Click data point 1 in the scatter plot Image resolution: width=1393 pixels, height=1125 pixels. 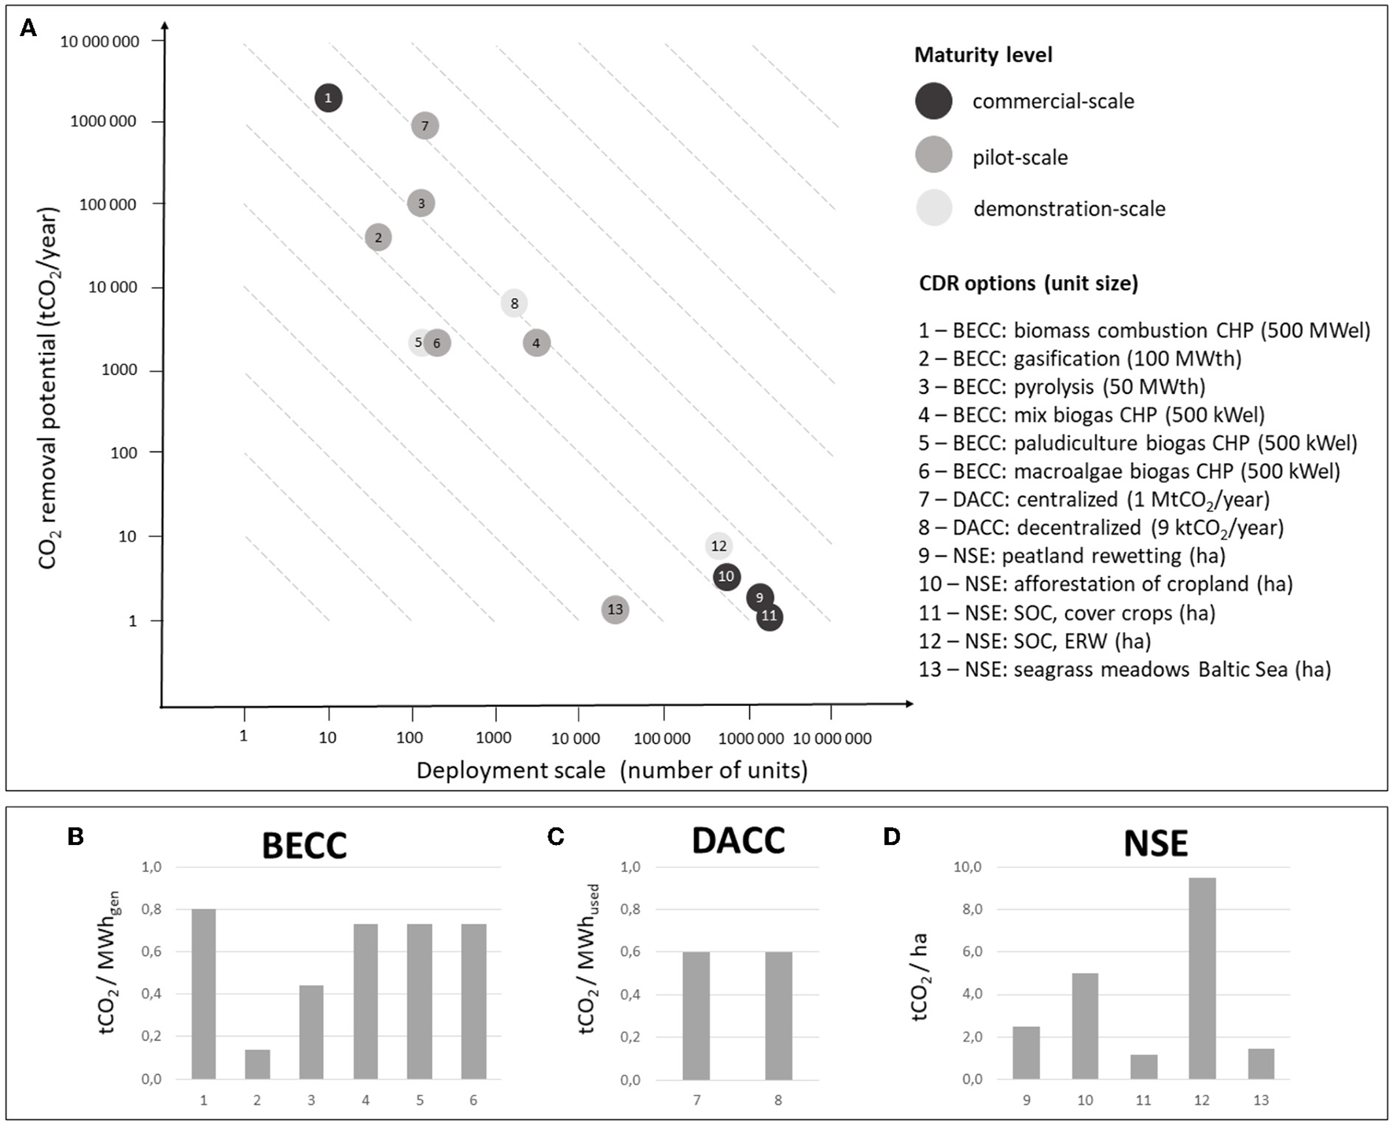point(328,98)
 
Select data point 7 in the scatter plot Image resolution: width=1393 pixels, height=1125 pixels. point(425,126)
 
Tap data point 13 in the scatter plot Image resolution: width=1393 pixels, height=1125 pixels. point(615,609)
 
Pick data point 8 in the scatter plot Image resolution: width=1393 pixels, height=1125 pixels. point(514,303)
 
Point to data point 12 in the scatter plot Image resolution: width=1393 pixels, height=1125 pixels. point(719,546)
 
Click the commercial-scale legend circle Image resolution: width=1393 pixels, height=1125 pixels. point(934,101)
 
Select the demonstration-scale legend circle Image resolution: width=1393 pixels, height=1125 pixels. point(934,208)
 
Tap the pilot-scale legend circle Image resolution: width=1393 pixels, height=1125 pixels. point(934,155)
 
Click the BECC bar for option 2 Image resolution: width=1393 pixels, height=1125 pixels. point(257,1064)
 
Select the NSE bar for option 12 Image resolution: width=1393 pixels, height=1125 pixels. point(1202,978)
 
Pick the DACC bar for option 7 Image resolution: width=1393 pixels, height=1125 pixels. point(696,1016)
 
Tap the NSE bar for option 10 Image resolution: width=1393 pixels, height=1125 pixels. point(1085,1026)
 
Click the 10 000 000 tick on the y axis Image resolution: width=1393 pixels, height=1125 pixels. point(100,42)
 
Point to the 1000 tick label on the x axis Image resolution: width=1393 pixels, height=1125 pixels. point(494,737)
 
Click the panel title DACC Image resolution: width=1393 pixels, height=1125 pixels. point(737,841)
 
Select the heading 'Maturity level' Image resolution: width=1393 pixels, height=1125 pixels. point(983,55)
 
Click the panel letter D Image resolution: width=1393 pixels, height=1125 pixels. point(891,836)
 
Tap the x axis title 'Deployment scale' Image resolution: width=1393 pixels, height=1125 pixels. point(511,770)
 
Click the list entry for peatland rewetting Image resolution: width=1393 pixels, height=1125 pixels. point(1071,556)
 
